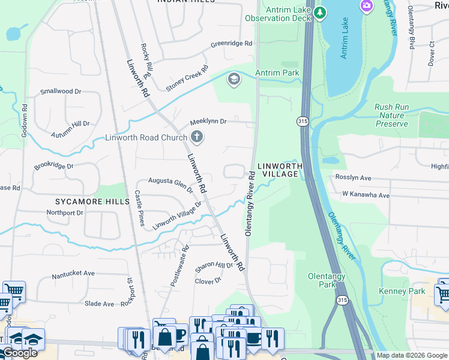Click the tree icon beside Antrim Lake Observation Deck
click(321, 12)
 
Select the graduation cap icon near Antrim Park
click(234, 79)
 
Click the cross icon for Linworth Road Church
click(196, 137)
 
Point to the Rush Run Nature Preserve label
click(392, 115)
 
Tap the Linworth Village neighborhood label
click(278, 169)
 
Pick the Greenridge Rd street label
click(232, 44)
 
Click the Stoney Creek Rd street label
click(187, 79)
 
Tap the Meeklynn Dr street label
click(208, 121)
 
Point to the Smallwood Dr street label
click(60, 91)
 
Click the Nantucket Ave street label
click(73, 273)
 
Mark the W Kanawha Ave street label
click(366, 195)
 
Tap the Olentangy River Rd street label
click(250, 205)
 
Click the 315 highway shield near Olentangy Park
click(342, 300)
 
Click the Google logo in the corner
click(20, 353)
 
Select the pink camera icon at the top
click(366, 6)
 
